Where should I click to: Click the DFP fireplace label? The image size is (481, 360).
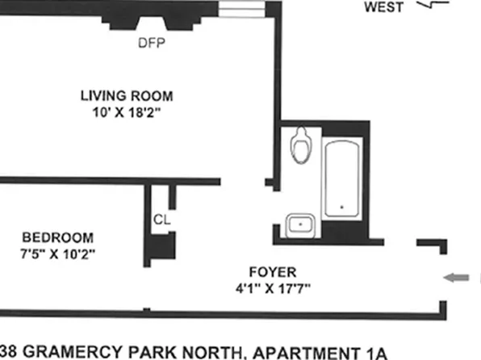point(152,44)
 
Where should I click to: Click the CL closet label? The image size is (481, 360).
point(160,219)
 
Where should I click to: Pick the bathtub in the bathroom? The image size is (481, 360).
point(344,179)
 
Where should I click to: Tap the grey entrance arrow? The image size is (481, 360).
point(456,278)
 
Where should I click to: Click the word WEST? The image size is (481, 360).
point(384,9)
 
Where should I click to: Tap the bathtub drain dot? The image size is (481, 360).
point(344,207)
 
